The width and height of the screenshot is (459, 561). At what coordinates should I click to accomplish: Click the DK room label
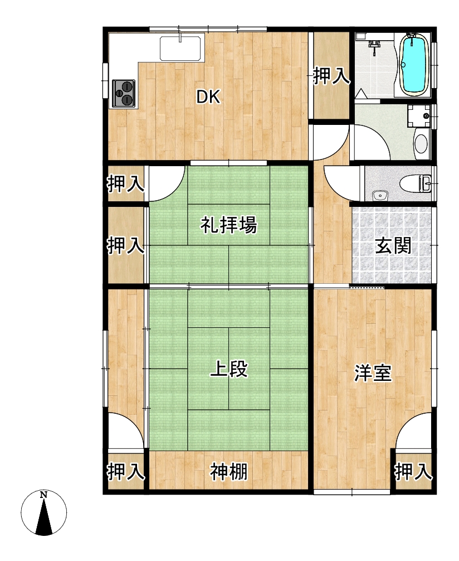click(x=208, y=96)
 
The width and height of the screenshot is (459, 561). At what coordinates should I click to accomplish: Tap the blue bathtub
click(x=414, y=64)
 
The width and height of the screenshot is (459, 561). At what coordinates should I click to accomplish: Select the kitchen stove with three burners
click(x=124, y=93)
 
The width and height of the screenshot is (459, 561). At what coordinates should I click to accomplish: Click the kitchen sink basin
click(x=182, y=48)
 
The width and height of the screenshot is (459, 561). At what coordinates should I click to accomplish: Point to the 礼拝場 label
click(x=228, y=225)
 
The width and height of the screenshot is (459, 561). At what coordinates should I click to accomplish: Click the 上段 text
click(x=229, y=370)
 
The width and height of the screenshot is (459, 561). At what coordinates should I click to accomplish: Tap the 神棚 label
click(x=229, y=472)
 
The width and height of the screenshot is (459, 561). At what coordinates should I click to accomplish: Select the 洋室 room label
click(x=373, y=373)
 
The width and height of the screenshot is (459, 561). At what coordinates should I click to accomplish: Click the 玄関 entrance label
click(x=393, y=245)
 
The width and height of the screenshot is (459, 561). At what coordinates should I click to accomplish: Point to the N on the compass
click(x=43, y=495)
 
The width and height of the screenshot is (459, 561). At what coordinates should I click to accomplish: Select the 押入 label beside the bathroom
click(x=331, y=76)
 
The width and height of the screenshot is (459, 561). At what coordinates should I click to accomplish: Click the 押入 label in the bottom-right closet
click(x=413, y=472)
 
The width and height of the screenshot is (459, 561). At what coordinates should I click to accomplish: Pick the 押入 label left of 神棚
click(x=126, y=472)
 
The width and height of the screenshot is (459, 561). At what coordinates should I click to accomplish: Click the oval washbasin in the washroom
click(x=421, y=144)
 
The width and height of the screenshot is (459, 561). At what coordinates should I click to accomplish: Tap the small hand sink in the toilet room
click(x=379, y=195)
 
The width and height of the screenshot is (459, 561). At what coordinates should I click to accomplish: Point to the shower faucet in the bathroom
click(x=374, y=46)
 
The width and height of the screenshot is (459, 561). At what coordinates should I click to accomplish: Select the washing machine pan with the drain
click(x=419, y=115)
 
